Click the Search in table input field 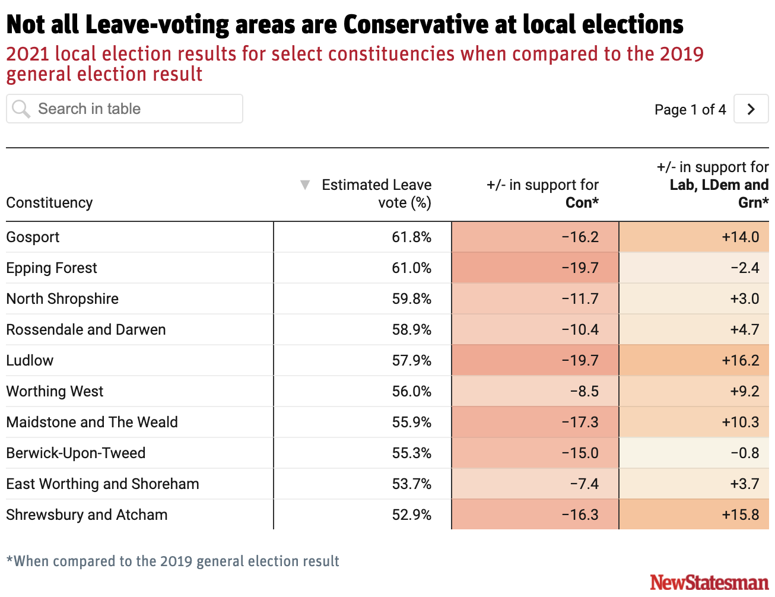click(125, 109)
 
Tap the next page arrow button click(751, 109)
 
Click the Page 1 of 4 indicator click(690, 110)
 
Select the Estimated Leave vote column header click(376, 193)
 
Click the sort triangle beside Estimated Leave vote click(305, 185)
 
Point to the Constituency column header click(50, 203)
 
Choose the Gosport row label click(33, 237)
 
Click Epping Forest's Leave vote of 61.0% click(411, 268)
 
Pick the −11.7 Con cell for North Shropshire click(580, 299)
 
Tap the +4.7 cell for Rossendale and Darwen click(744, 330)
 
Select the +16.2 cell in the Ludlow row click(740, 361)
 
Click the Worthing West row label click(55, 392)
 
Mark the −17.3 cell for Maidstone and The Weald click(580, 423)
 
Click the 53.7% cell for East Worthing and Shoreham click(411, 484)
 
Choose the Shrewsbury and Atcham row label click(87, 515)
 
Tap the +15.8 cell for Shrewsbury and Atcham click(740, 515)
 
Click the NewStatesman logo click(709, 582)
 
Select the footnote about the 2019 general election click(173, 561)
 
